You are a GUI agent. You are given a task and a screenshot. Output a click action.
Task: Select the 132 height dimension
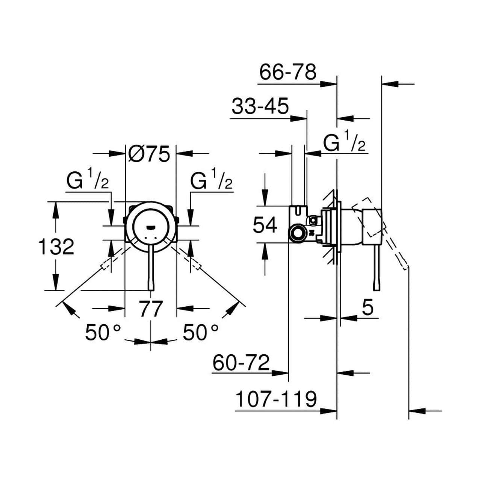click(56, 247)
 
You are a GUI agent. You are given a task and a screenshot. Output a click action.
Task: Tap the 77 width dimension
click(151, 309)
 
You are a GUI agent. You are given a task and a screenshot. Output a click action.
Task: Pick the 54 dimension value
click(265, 225)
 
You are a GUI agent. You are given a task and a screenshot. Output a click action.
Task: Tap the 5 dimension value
click(368, 308)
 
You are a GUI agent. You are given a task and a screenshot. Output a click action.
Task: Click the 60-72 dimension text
click(241, 363)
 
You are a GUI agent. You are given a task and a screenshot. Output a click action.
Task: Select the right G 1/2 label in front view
click(211, 182)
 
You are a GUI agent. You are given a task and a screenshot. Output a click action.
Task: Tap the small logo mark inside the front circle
click(151, 227)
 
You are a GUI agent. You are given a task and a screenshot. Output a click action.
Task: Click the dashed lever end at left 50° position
click(106, 264)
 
